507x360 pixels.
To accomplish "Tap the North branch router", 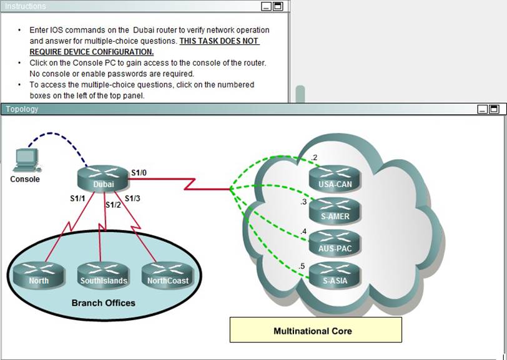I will pos(39,275).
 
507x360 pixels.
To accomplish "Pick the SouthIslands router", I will pos(104,275).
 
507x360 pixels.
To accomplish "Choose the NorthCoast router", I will pos(167,275).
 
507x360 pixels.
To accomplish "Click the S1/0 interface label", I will pos(139,172).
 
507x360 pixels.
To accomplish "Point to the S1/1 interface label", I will pos(77,198).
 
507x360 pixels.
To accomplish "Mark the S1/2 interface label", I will pos(113,204).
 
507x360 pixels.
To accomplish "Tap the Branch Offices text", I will pos(104,303).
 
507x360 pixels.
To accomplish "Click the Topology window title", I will pos(22,109).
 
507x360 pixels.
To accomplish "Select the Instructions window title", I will pos(25,6).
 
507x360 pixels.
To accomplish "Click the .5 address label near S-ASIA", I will pos(302,266).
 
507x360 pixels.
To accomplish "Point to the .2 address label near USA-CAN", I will pos(314,157).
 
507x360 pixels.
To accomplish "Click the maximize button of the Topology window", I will pos(494,109).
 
